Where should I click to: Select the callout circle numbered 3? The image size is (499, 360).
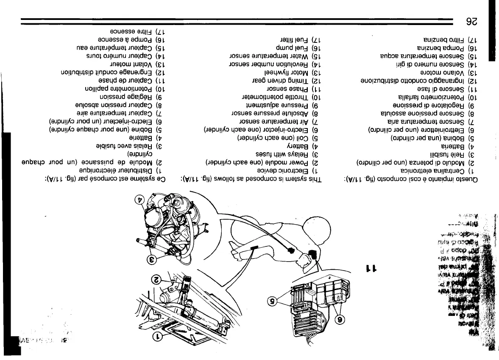151,258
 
